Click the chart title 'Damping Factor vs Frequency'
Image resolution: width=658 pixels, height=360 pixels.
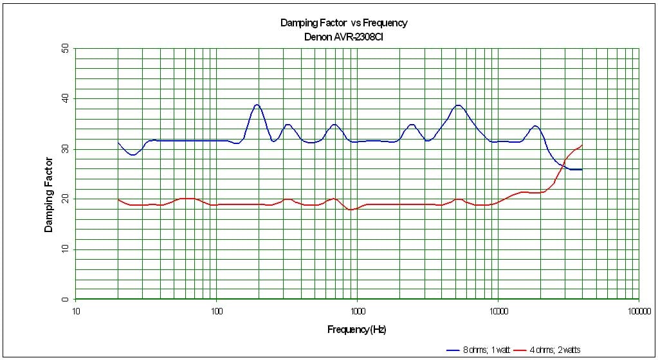pyautogui.click(x=343, y=23)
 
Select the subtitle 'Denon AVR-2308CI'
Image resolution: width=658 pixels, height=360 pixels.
pyautogui.click(x=343, y=37)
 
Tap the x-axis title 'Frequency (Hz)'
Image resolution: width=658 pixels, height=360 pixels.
pyautogui.click(x=356, y=330)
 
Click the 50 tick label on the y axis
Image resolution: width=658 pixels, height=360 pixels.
pyautogui.click(x=65, y=48)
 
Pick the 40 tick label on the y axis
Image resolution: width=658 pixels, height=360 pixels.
pyautogui.click(x=65, y=98)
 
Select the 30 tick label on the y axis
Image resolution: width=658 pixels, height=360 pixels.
pyautogui.click(x=65, y=148)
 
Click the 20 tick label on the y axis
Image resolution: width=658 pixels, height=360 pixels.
pyautogui.click(x=65, y=199)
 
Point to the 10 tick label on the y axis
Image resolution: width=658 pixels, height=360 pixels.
pyautogui.click(x=65, y=249)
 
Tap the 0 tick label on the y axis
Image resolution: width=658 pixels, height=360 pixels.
pyautogui.click(x=65, y=299)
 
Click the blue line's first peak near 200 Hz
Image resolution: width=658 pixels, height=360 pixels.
pyautogui.click(x=257, y=105)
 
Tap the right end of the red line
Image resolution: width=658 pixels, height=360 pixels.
pyautogui.click(x=582, y=145)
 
